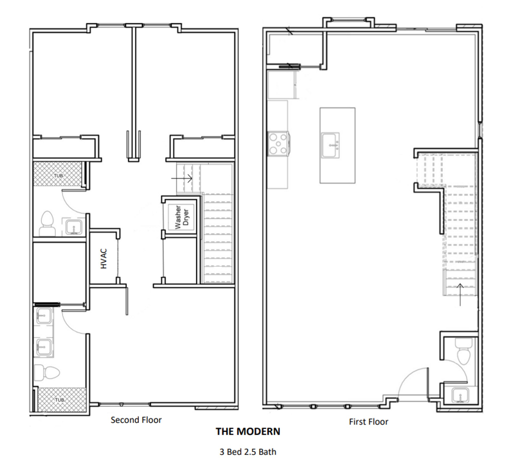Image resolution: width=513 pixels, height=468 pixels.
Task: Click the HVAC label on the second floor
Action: [104, 258]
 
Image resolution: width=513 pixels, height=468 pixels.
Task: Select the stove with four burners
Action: [278, 144]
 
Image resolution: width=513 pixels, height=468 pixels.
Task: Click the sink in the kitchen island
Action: [331, 145]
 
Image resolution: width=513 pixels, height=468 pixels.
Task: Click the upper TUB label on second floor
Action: [58, 176]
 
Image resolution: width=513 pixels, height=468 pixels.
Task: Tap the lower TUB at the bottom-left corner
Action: [59, 400]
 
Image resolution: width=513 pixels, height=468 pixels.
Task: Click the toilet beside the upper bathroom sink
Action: [47, 223]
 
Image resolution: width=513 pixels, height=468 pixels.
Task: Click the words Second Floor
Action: [136, 420]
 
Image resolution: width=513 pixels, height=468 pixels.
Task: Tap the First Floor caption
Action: [368, 422]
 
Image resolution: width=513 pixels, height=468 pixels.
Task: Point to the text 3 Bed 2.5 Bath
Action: [248, 452]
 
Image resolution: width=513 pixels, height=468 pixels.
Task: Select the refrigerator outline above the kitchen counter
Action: [281, 84]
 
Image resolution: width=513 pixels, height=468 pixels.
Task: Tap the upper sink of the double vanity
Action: [44, 316]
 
